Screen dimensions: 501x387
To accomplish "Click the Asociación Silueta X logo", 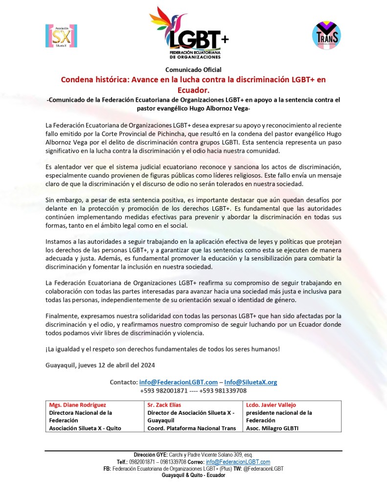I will (x=61, y=36).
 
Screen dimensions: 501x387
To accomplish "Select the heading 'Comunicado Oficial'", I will (x=193, y=70).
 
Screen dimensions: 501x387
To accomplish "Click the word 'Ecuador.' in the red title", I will (x=193, y=90).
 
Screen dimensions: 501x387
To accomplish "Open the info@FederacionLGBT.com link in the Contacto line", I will (x=178, y=382).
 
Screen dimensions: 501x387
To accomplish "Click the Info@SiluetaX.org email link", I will (x=250, y=382).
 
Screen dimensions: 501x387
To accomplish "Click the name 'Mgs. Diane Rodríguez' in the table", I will (x=77, y=405).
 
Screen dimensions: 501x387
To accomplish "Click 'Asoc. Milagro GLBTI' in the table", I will (x=273, y=428).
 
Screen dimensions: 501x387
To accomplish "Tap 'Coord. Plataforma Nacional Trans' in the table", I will (x=192, y=428).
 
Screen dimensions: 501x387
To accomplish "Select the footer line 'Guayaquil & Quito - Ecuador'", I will (x=194, y=475).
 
